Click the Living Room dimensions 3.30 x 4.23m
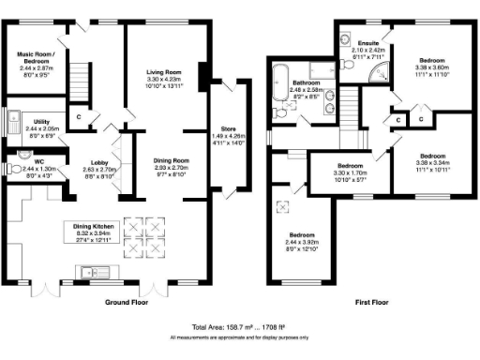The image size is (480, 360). (164, 80)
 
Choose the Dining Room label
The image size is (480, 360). (172, 161)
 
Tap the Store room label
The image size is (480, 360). (227, 127)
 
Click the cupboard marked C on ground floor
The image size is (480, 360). (80, 116)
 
